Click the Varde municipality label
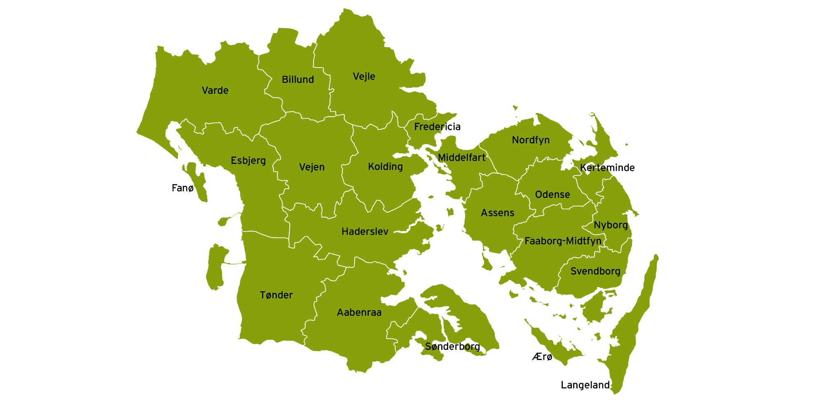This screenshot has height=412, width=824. pyautogui.click(x=215, y=91)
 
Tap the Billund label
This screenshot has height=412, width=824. pyautogui.click(x=298, y=80)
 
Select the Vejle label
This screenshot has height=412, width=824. pyautogui.click(x=364, y=77)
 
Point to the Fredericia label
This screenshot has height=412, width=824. pyautogui.click(x=437, y=127)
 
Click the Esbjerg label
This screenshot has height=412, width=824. pyautogui.click(x=248, y=161)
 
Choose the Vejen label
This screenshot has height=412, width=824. pyautogui.click(x=312, y=167)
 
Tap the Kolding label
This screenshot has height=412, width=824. pyautogui.click(x=385, y=167)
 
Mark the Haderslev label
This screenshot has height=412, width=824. pyautogui.click(x=365, y=232)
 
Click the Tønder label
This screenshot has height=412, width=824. pyautogui.click(x=276, y=295)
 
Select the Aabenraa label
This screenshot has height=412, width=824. pyautogui.click(x=359, y=313)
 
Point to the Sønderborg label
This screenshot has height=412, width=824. pyautogui.click(x=452, y=347)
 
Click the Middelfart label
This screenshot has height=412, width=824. pyautogui.click(x=461, y=158)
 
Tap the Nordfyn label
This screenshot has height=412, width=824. pyautogui.click(x=531, y=140)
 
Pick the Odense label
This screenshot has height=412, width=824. pyautogui.click(x=552, y=195)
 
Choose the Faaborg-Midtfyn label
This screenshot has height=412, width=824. pyautogui.click(x=563, y=241)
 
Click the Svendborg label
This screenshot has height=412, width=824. pyautogui.click(x=595, y=272)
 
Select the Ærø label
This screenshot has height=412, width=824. pyautogui.click(x=542, y=357)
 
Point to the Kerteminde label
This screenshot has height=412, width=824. pyautogui.click(x=607, y=168)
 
